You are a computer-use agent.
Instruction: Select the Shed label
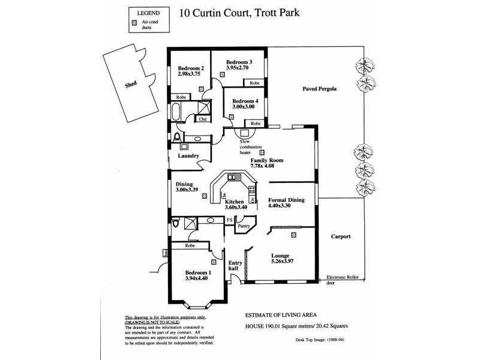point(131,85)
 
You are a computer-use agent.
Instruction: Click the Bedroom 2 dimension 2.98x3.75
point(189,74)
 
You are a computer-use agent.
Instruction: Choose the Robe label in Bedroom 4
point(256,123)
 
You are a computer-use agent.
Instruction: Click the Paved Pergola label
point(317,89)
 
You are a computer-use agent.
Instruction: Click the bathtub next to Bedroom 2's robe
point(176,113)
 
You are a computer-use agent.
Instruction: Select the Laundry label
point(188,156)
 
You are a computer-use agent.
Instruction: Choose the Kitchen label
point(235,202)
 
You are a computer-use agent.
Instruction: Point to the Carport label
point(340,236)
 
